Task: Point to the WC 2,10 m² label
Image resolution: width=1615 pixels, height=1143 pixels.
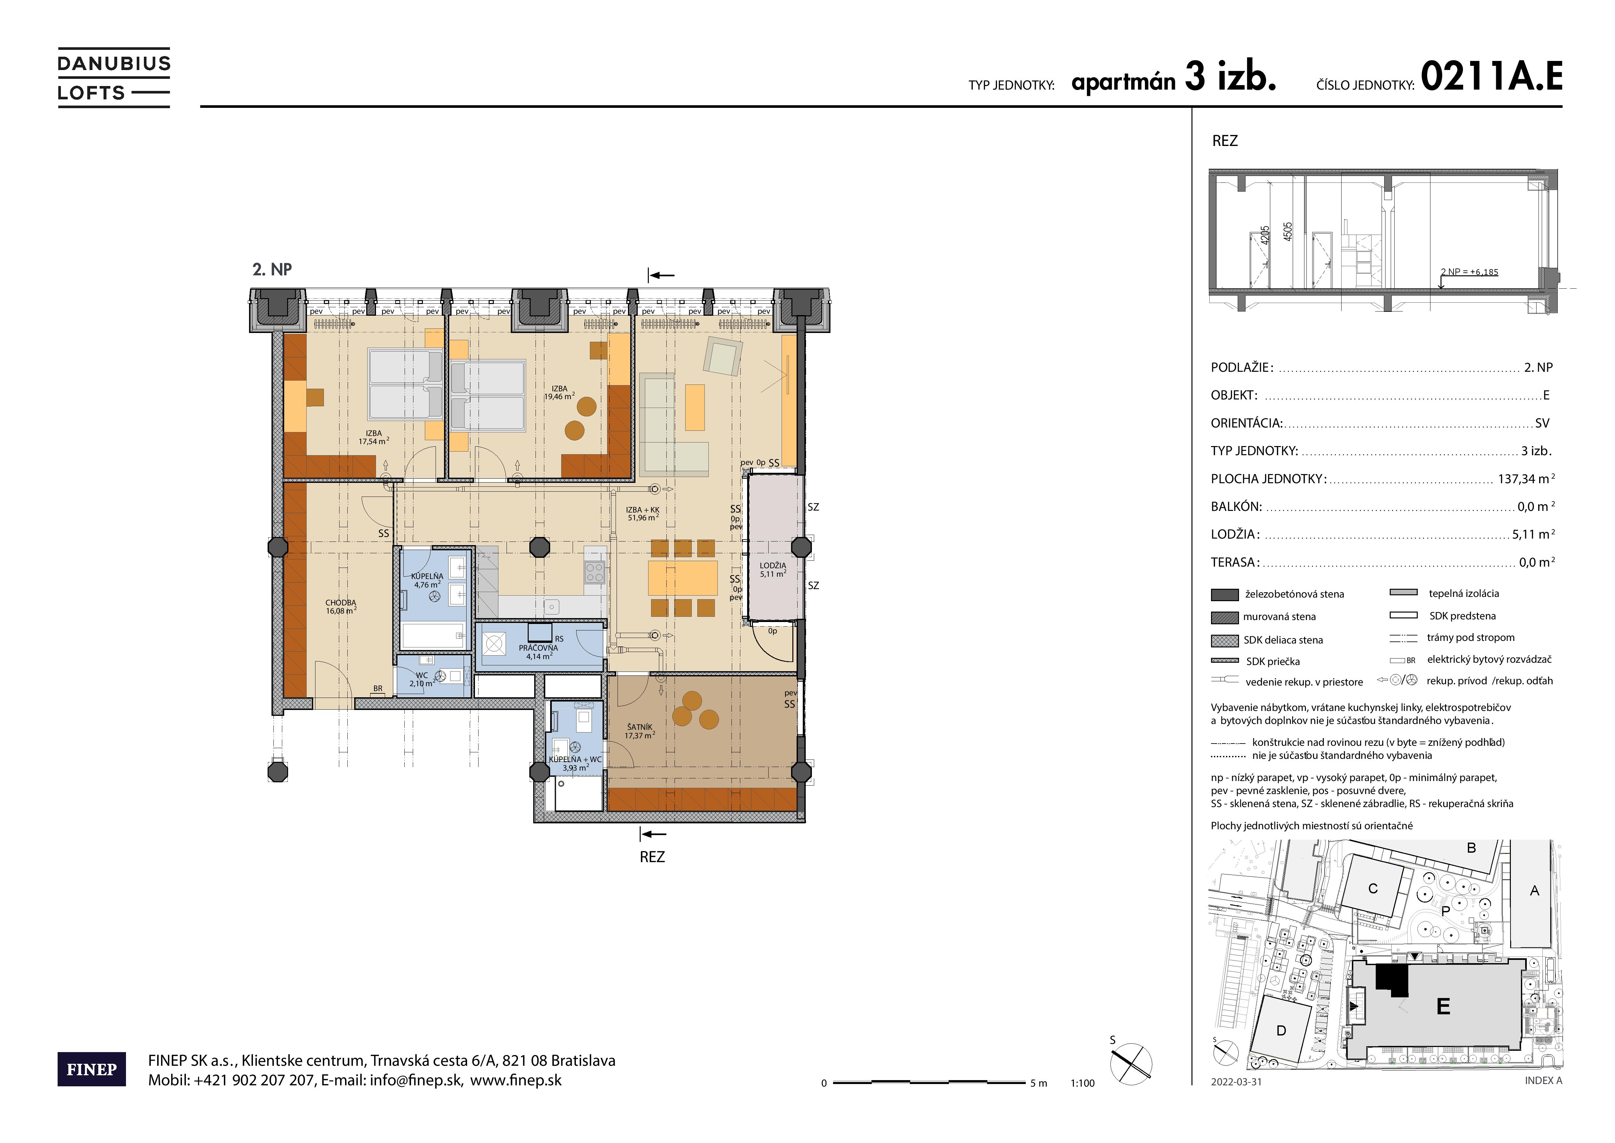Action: tap(421, 679)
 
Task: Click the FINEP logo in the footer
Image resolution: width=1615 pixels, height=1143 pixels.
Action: tap(91, 1069)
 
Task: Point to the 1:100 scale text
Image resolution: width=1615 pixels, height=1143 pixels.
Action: tap(1082, 1083)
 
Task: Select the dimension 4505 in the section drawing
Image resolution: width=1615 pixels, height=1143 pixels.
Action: tap(1288, 232)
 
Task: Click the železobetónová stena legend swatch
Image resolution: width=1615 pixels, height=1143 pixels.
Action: tap(1225, 595)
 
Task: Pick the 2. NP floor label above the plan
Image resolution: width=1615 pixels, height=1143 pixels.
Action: tap(272, 269)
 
